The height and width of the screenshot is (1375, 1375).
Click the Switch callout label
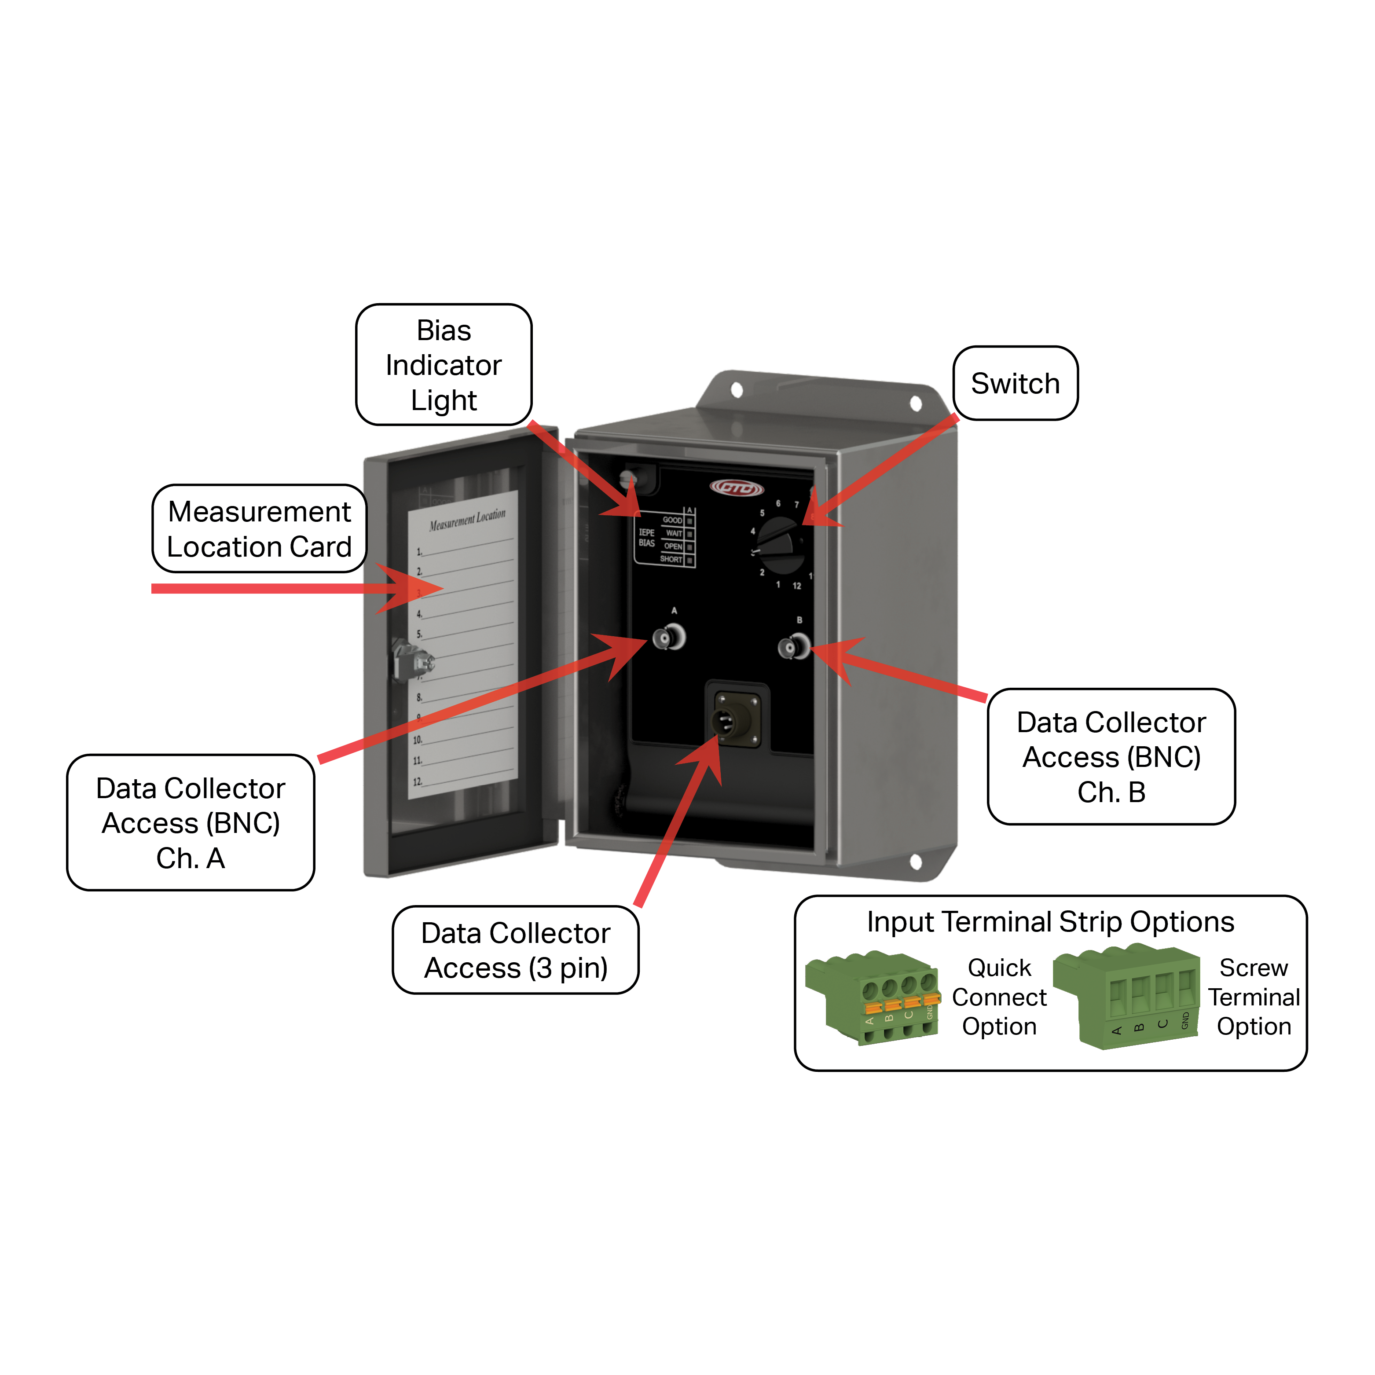[1015, 384]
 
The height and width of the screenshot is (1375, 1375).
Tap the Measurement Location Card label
[259, 529]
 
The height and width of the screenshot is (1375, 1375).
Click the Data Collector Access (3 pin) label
[515, 950]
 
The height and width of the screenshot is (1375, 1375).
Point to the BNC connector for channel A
[668, 637]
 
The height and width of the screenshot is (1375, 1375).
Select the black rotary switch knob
[781, 545]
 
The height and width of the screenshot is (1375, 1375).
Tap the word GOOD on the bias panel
[672, 520]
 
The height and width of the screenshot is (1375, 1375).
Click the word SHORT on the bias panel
[671, 559]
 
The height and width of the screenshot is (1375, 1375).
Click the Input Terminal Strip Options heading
[1050, 922]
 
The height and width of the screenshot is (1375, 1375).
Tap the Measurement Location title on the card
[467, 520]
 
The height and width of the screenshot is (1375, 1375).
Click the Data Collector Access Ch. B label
[1111, 756]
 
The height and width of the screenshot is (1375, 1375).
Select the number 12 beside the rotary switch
[797, 586]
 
